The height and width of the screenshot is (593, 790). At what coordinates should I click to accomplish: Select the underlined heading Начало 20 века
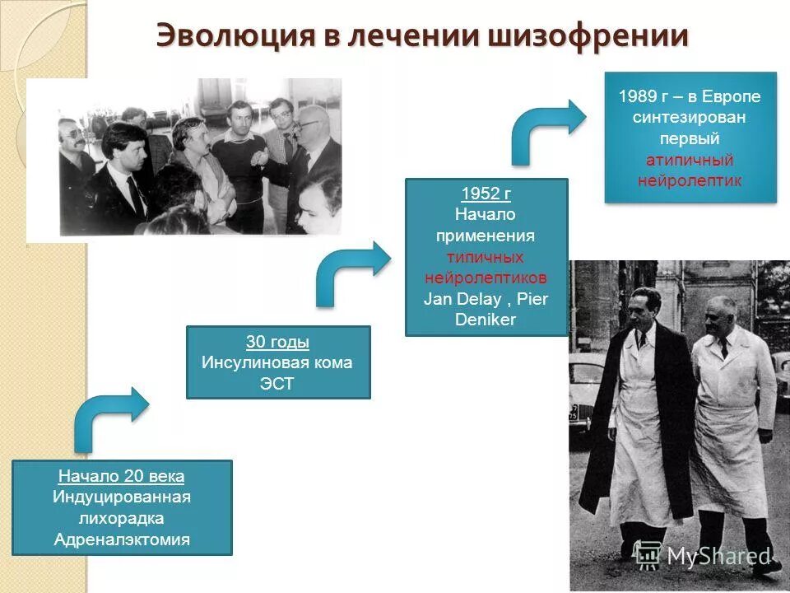tap(122, 477)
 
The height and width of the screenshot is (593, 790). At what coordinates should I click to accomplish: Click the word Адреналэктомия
tap(122, 540)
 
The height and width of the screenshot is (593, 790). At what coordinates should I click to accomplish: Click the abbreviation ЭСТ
tap(278, 384)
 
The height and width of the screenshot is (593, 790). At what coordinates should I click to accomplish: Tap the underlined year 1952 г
tap(486, 194)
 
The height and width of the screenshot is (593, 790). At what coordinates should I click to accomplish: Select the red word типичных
tap(486, 258)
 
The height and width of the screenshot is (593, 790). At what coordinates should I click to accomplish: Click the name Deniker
tap(486, 320)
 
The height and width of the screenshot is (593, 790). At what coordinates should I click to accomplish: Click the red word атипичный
tap(690, 160)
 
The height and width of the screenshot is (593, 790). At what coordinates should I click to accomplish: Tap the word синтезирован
tap(690, 118)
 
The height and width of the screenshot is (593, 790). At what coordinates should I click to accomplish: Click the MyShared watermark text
tap(716, 557)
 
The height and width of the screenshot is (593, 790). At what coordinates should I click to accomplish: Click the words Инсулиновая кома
tap(278, 363)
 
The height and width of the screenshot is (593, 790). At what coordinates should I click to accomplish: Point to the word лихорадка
tap(122, 519)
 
